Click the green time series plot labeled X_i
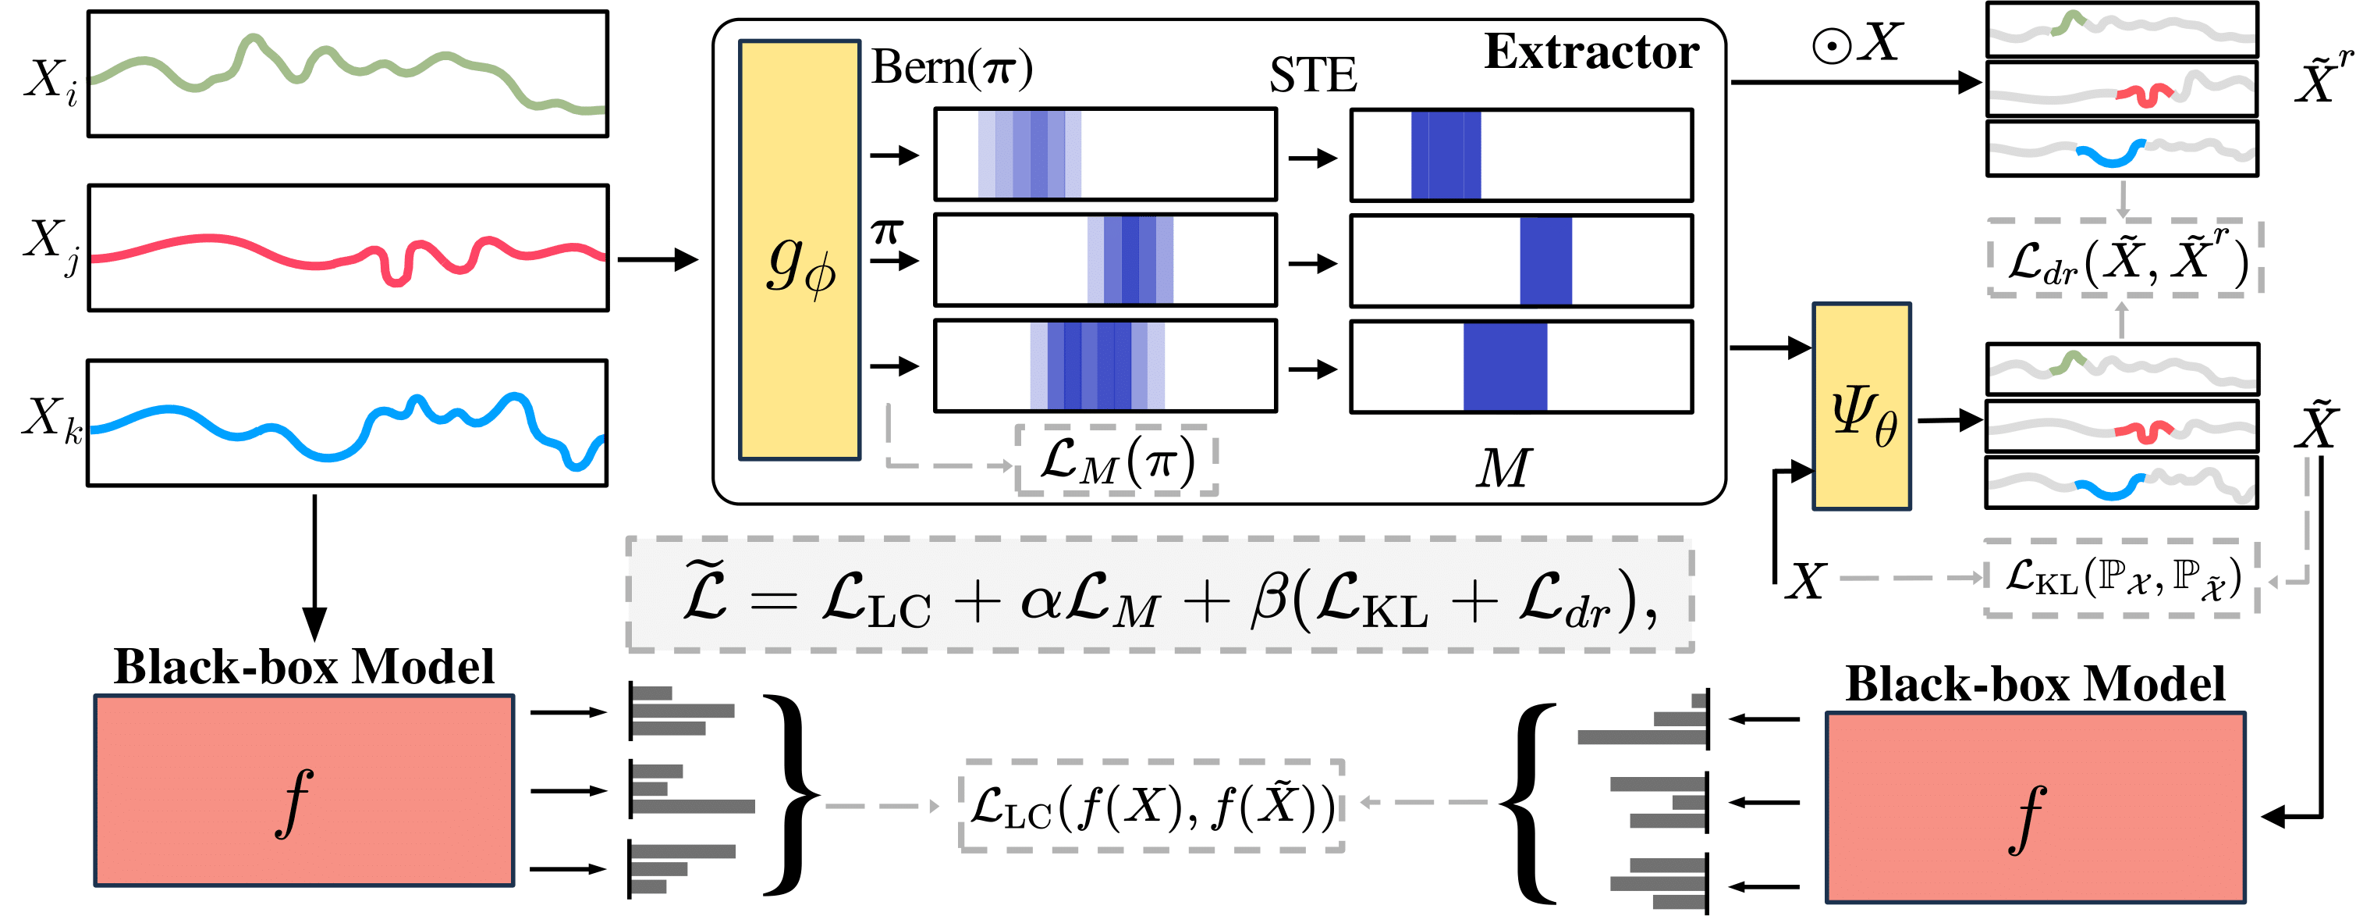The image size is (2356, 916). [347, 74]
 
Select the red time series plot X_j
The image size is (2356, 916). [347, 248]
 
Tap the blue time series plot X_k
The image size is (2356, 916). [347, 422]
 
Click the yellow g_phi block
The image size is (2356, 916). [800, 250]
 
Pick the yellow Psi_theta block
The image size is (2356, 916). [1861, 406]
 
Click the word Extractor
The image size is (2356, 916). [1591, 52]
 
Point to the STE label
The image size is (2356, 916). [1312, 75]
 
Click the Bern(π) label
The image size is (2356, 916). [951, 68]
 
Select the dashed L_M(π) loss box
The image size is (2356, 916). [1116, 460]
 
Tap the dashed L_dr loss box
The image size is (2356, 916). [2124, 258]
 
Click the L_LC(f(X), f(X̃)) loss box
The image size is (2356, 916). [1151, 806]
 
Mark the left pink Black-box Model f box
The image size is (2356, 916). [303, 790]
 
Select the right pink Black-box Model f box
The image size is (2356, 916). [2035, 808]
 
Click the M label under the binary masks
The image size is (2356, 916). [1503, 469]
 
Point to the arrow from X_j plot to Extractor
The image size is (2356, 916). [657, 260]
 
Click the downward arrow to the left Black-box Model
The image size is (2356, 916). [314, 568]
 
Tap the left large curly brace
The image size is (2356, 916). [789, 793]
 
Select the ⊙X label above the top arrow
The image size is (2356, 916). [1857, 43]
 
